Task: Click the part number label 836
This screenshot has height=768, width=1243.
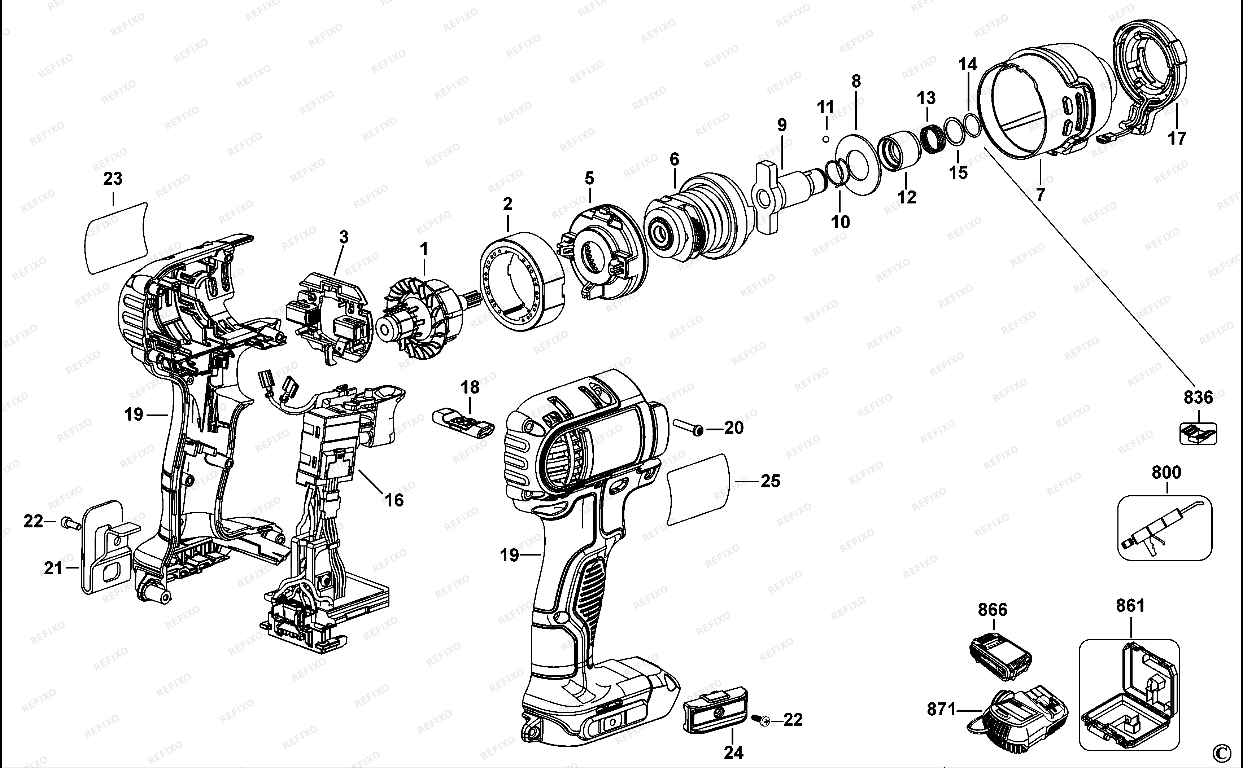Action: pos(1198,397)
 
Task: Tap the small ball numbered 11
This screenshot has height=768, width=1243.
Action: pos(826,139)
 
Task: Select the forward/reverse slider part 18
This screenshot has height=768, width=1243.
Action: pos(463,421)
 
